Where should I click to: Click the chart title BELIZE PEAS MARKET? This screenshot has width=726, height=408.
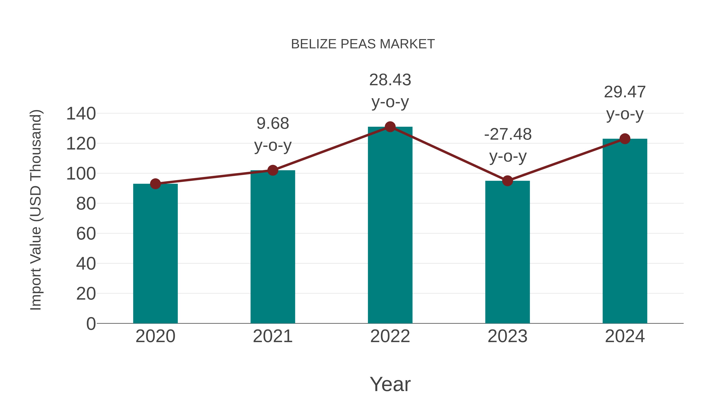click(x=363, y=44)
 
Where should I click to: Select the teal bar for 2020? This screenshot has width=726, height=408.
click(x=155, y=253)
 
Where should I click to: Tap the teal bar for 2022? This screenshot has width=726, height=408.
click(x=390, y=225)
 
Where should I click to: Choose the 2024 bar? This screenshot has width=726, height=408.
click(x=625, y=231)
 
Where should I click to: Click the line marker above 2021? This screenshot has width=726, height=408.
click(x=272, y=170)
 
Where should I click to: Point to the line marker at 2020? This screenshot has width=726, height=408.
click(x=155, y=184)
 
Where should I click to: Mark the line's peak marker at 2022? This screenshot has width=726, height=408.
click(x=390, y=127)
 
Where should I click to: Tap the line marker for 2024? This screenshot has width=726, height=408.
click(x=625, y=139)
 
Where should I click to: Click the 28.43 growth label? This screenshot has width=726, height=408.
click(x=390, y=80)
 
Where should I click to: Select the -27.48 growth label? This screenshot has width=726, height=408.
click(x=508, y=135)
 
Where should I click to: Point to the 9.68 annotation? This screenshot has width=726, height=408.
click(x=272, y=124)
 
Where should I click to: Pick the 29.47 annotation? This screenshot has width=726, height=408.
click(x=625, y=92)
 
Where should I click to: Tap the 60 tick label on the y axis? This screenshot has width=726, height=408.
click(x=86, y=234)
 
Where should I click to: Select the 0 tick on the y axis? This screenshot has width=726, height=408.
click(x=91, y=324)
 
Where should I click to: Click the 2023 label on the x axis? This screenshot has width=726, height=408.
click(x=507, y=336)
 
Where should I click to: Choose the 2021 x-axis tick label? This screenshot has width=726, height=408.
click(x=272, y=336)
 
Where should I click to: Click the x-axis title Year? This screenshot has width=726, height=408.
click(x=390, y=384)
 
